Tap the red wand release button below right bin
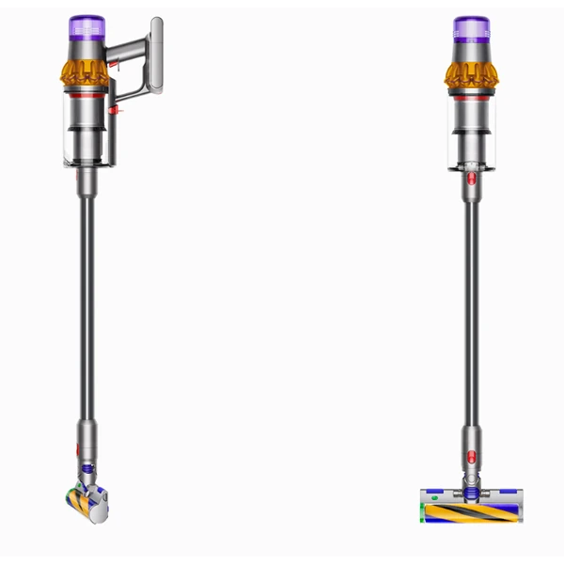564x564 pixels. click(471, 175)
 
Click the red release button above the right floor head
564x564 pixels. click(470, 437)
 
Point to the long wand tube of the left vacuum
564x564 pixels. click(87, 301)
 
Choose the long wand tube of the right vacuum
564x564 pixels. click(471, 301)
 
